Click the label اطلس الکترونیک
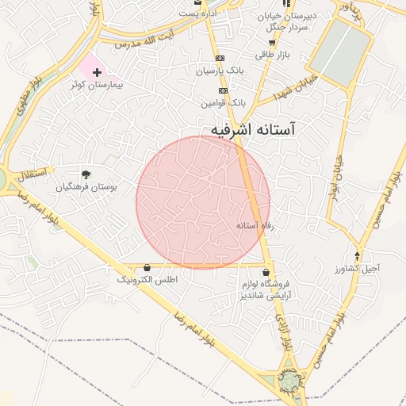(147, 280)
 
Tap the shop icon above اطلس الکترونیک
(147, 268)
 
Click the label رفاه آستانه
(255, 226)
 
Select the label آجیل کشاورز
(357, 268)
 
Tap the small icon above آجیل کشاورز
(358, 255)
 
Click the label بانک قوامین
(224, 103)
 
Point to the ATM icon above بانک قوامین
(223, 90)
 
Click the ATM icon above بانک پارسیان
(220, 58)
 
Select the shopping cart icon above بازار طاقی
(272, 42)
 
